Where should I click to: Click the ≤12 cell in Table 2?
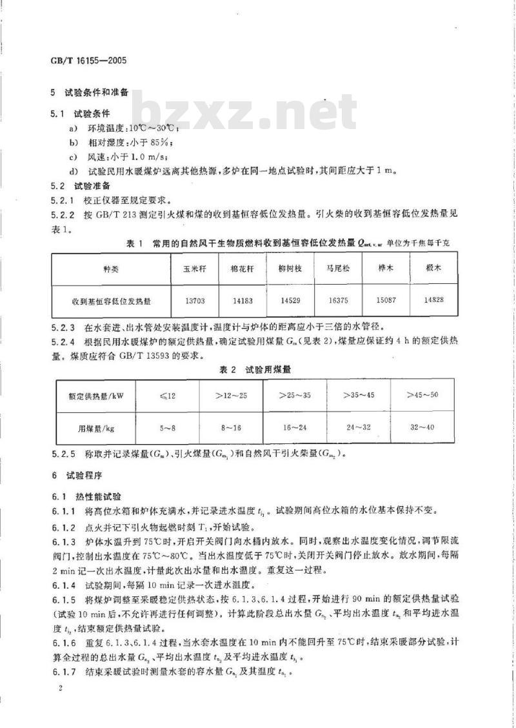tap(166, 396)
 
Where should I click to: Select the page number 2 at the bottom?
tap(59, 690)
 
